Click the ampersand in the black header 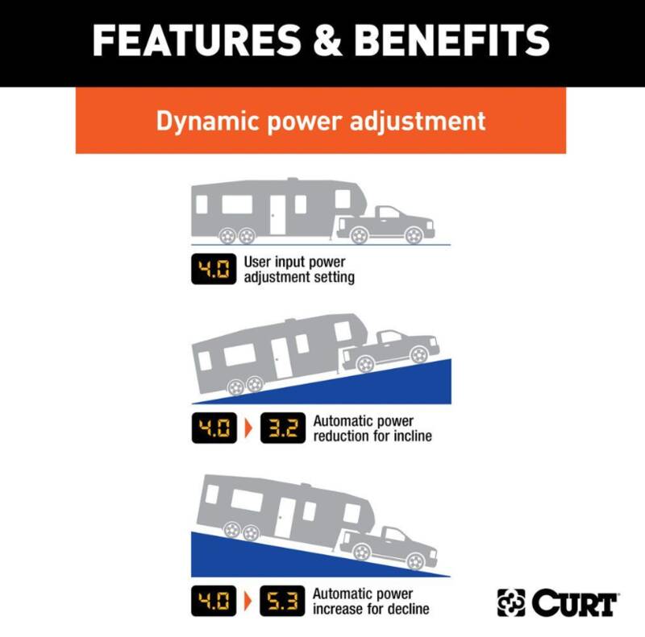pyautogui.click(x=327, y=40)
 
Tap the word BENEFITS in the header pyautogui.click(x=451, y=40)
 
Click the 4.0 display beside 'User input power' pyautogui.click(x=214, y=269)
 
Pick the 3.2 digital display pyautogui.click(x=283, y=428)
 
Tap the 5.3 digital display pyautogui.click(x=282, y=601)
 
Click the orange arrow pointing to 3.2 pyautogui.click(x=248, y=428)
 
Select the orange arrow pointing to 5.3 pyautogui.click(x=248, y=601)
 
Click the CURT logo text pyautogui.click(x=575, y=603)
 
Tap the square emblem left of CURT pyautogui.click(x=511, y=602)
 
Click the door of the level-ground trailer pyautogui.click(x=277, y=214)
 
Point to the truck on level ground pyautogui.click(x=385, y=225)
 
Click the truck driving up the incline pyautogui.click(x=391, y=350)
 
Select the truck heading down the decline pyautogui.click(x=389, y=548)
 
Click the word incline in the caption pyautogui.click(x=413, y=436)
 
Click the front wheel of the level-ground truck pyautogui.click(x=414, y=236)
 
